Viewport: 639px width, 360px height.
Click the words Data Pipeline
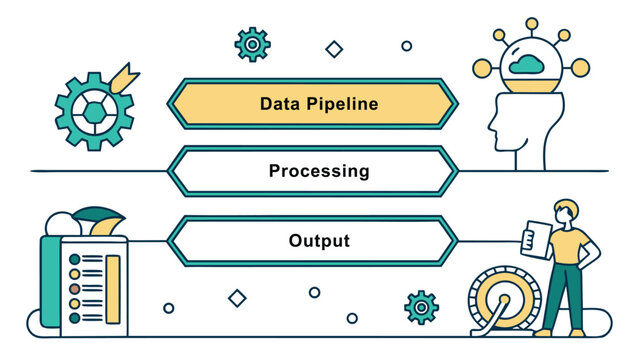(x=318, y=103)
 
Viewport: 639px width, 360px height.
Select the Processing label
(x=318, y=171)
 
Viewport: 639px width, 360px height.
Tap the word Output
(x=319, y=241)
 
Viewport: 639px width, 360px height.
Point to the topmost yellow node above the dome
(x=531, y=22)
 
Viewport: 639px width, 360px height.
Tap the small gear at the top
(x=252, y=43)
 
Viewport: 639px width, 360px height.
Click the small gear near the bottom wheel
(x=421, y=307)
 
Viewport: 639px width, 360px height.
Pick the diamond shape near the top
(x=334, y=49)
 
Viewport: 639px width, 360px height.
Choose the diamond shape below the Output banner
(x=237, y=297)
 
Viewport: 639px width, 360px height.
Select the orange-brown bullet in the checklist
(x=73, y=286)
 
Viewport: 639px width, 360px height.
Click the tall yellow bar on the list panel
(x=113, y=284)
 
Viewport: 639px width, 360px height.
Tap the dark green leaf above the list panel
(x=97, y=216)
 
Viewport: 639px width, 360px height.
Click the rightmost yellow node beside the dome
(x=579, y=66)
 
